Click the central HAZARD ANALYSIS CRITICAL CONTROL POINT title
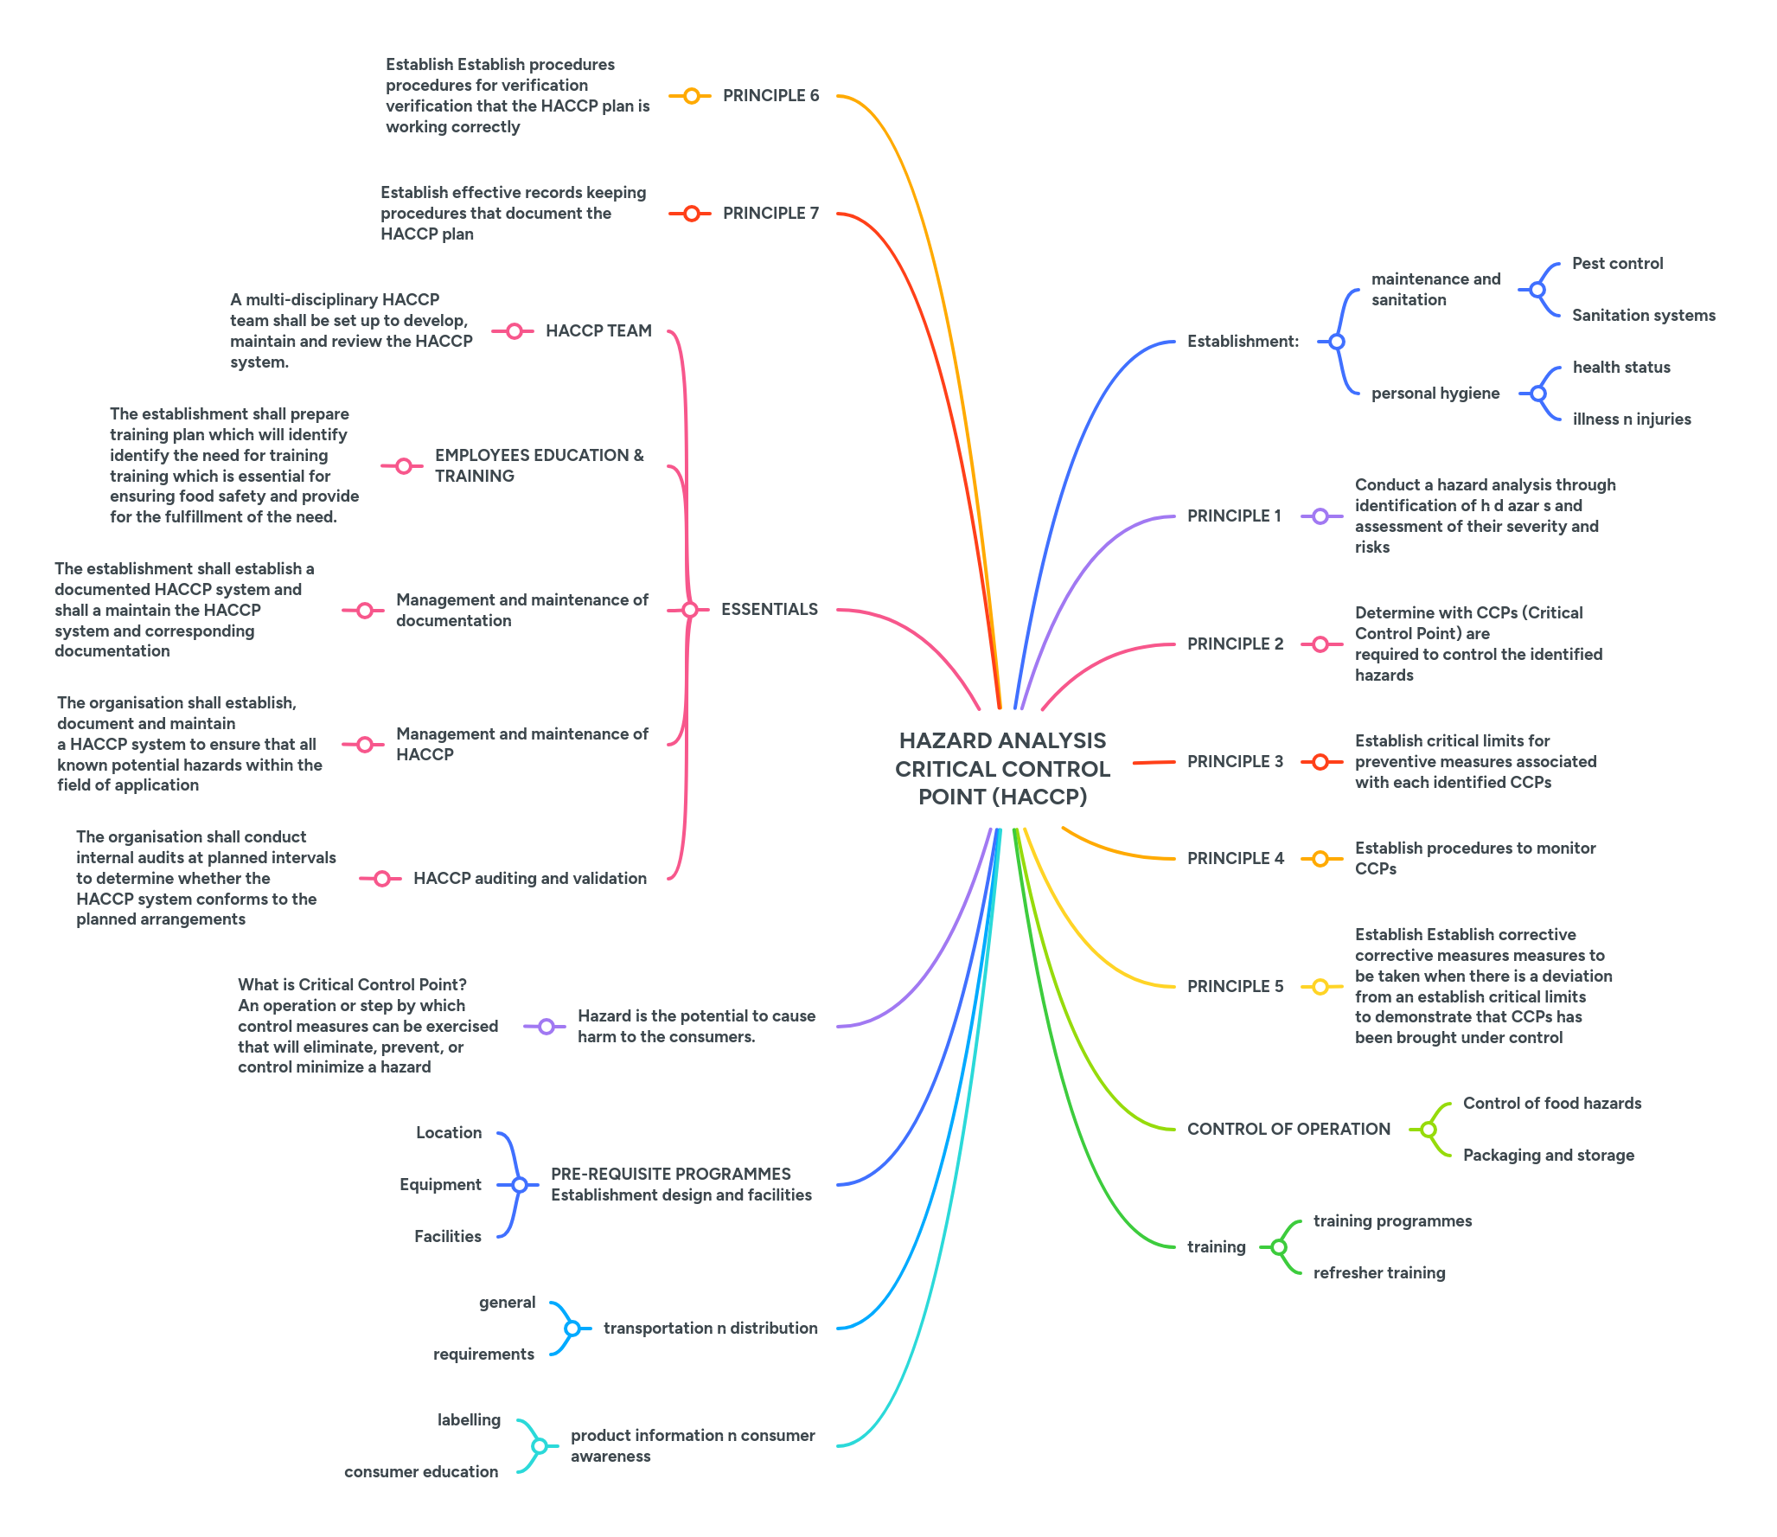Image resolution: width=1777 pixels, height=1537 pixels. [1002, 768]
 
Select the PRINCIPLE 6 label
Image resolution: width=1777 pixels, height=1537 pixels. [770, 96]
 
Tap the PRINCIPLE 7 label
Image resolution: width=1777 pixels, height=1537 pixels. [770, 214]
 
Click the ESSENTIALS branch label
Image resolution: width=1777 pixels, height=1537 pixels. [769, 610]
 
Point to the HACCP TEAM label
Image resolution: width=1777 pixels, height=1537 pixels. [598, 331]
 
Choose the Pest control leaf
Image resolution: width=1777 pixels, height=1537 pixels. [1617, 264]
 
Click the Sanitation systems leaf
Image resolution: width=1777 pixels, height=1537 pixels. [1643, 316]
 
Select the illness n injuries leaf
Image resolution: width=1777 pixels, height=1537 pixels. [1631, 419]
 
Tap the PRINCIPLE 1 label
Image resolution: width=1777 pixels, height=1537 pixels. [1234, 516]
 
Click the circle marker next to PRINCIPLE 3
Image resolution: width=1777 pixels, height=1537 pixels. [1320, 762]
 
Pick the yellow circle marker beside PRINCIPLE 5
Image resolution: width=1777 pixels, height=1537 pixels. [1320, 987]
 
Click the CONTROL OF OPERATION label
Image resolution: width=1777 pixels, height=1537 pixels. [1288, 1130]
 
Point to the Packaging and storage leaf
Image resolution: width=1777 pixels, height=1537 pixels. [1548, 1156]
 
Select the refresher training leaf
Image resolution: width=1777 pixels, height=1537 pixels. [1378, 1273]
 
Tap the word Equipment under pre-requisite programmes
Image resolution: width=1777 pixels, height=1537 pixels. [440, 1185]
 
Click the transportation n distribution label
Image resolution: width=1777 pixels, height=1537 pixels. [710, 1329]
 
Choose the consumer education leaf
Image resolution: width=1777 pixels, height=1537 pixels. [421, 1472]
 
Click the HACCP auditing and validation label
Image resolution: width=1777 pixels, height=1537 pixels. [529, 879]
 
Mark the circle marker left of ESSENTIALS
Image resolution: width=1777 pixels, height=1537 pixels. [689, 610]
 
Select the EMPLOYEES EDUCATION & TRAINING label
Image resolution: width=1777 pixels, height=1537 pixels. [539, 465]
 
